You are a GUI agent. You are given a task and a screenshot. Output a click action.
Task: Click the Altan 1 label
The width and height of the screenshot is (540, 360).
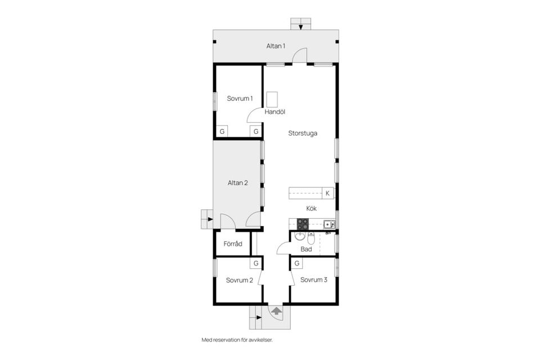pos(276,46)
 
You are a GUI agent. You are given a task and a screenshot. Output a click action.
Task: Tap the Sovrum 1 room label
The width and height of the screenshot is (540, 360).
pos(240,98)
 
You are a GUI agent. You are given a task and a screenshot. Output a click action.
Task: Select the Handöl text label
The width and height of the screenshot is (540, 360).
pos(275,112)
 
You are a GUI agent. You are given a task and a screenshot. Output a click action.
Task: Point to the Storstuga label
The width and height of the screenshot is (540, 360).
pos(303,133)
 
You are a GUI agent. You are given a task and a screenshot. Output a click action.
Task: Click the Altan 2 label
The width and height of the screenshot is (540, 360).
pos(237,183)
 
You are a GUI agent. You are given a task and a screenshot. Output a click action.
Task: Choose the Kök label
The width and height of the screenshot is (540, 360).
pos(311,209)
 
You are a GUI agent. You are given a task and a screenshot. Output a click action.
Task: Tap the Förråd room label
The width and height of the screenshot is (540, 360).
pos(233,244)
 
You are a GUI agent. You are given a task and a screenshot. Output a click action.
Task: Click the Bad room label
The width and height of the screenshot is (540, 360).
pos(306,249)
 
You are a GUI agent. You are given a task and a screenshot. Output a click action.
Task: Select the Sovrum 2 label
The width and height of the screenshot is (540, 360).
pos(240,281)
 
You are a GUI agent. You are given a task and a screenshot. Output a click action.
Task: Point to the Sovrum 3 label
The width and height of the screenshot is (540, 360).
pos(314,280)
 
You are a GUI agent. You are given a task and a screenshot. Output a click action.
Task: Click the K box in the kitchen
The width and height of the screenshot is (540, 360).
pos(327,193)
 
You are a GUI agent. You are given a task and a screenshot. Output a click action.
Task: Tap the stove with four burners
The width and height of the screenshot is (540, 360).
pos(303,224)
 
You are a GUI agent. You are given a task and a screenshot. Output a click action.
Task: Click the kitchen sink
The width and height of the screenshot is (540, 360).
pos(329,224)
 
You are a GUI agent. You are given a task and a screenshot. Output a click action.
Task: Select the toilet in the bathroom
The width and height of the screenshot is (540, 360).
pos(311,238)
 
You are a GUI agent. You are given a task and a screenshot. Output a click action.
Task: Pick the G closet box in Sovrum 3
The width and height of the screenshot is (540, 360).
pos(297,264)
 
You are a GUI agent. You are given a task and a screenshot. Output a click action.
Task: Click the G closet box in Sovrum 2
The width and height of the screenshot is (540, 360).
pos(256,264)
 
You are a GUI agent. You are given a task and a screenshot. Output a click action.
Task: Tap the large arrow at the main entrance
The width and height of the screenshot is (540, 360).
pos(276,311)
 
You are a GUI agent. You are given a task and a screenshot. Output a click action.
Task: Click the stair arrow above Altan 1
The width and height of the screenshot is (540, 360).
pos(300,27)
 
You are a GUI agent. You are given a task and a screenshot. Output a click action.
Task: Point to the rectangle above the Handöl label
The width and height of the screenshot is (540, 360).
pos(272,100)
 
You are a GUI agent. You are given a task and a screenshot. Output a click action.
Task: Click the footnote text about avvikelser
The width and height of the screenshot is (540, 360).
pos(237,340)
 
